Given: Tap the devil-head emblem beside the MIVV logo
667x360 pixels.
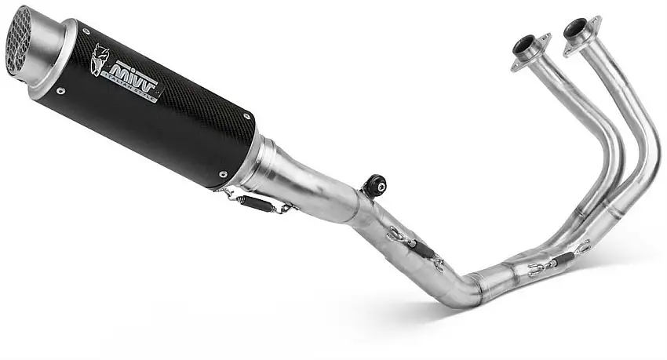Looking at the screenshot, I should [x=99, y=59].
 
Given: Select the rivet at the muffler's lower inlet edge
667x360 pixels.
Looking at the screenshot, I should [x=222, y=174].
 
